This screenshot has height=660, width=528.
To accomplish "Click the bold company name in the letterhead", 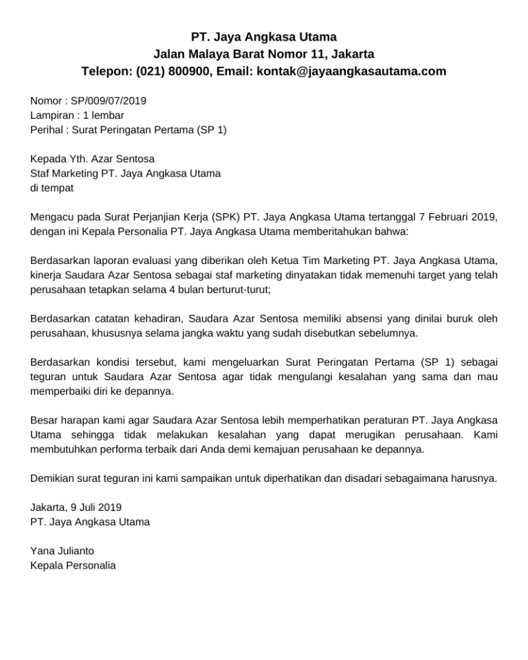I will coord(263,36).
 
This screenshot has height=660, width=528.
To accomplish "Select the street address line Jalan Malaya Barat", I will coord(263,54).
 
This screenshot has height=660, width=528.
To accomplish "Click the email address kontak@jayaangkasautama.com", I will coord(351,71).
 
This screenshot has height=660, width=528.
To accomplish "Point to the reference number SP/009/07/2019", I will coord(109,100).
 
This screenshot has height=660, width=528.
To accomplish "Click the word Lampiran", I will coord(52,115).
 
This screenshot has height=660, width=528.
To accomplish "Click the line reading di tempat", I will coord(52,188).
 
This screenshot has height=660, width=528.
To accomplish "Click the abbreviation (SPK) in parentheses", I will coord(226,217).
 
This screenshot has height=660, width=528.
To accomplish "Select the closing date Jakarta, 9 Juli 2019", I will coord(76,507).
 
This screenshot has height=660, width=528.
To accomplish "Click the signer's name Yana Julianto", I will coord(63,551).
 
